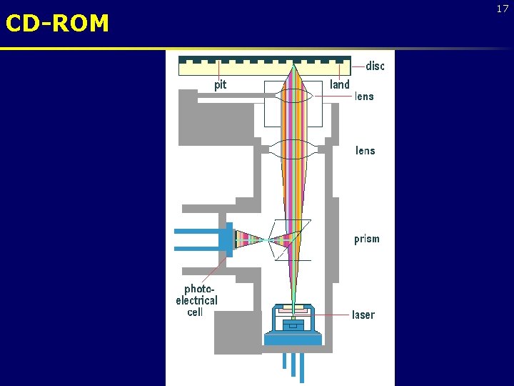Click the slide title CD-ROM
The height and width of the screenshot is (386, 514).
tap(57, 24)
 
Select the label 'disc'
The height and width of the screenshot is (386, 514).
tap(375, 66)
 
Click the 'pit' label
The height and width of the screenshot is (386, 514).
tap(221, 85)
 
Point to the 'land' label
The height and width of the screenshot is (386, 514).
tap(340, 85)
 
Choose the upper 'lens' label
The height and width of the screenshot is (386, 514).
tap(364, 96)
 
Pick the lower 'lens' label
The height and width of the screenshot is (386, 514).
tap(365, 151)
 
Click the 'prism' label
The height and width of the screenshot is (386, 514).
tap(367, 239)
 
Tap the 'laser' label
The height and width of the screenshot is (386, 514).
tap(363, 315)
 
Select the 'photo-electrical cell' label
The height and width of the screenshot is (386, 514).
tap(196, 300)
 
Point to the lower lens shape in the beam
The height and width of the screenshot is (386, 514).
tap(293, 149)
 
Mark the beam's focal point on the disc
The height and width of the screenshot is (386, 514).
tap(293, 65)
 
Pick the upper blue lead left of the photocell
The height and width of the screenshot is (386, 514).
tap(196, 231)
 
